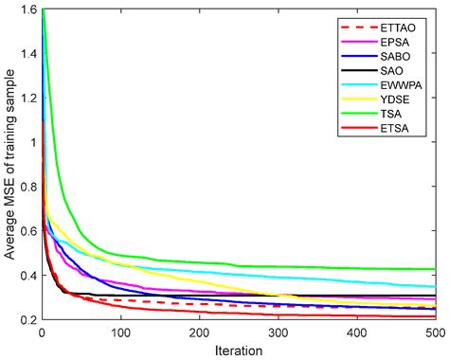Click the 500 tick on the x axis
(435, 333)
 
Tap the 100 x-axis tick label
(119, 333)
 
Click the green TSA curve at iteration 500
(435, 269)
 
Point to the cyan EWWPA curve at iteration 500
(435, 286)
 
